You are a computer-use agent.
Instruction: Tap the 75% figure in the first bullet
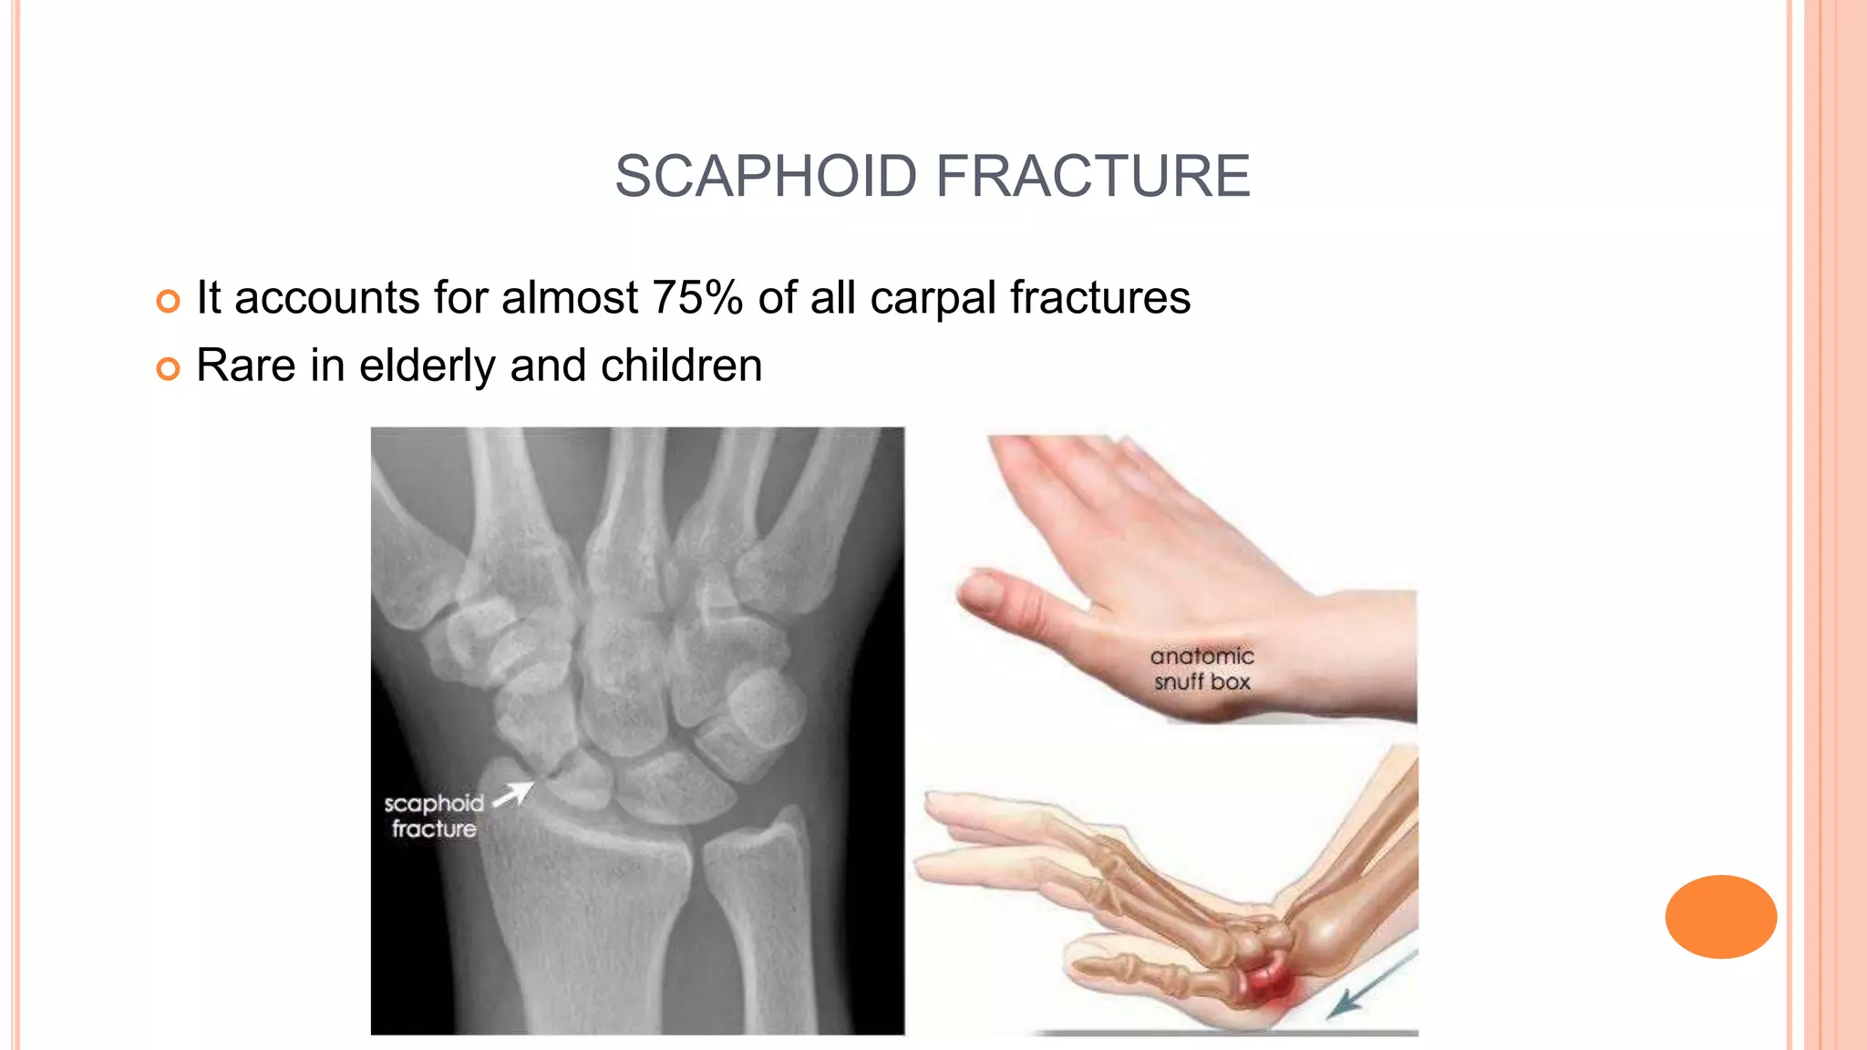click(x=697, y=298)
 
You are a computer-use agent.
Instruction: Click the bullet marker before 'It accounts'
click(x=168, y=301)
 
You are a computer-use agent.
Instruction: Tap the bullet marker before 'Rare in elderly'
click(x=168, y=368)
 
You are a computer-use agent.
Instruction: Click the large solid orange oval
click(x=1720, y=917)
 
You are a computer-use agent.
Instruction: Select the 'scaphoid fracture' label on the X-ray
click(x=434, y=816)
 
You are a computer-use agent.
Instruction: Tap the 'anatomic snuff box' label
click(x=1202, y=669)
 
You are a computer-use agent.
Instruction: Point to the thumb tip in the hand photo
click(x=972, y=592)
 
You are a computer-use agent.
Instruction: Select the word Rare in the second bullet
click(x=245, y=366)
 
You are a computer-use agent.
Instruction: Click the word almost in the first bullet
click(x=569, y=298)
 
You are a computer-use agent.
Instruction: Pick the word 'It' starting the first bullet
click(x=208, y=298)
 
